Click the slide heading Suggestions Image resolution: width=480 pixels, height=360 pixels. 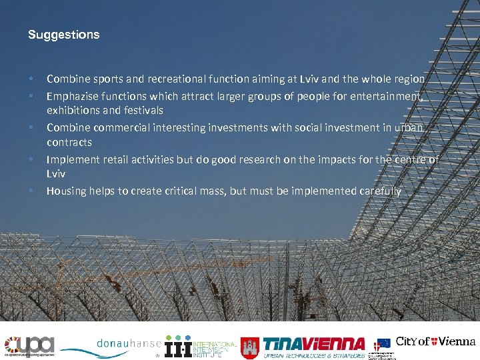(64, 35)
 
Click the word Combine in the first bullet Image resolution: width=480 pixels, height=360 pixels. (66, 79)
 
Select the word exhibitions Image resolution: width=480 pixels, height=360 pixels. (72, 111)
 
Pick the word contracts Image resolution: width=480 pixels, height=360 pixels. (69, 143)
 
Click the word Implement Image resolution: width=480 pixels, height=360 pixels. (71, 159)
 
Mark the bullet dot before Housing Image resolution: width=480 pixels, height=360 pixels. (32, 191)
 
